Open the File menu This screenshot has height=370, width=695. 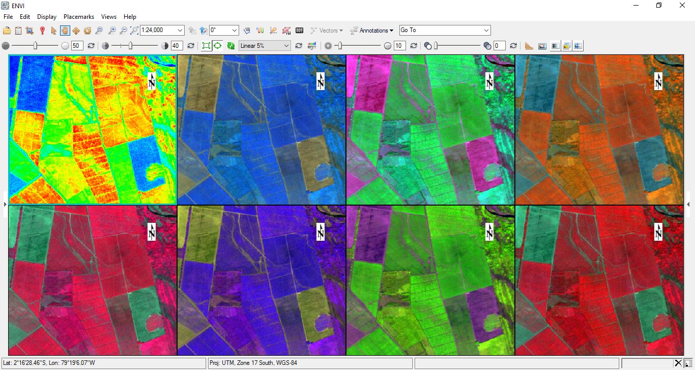click(8, 17)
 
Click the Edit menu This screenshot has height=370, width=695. click(25, 17)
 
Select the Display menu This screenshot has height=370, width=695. click(47, 17)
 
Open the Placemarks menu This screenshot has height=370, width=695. click(79, 17)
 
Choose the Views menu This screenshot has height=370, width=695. click(109, 17)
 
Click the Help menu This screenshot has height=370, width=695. click(130, 17)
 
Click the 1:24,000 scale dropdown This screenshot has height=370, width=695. click(161, 31)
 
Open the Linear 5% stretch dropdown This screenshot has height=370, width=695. click(264, 46)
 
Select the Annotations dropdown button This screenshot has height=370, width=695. click(372, 31)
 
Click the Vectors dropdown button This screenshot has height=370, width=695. click(327, 31)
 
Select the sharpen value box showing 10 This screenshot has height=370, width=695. click(400, 46)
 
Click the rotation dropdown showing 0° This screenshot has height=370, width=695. click(224, 31)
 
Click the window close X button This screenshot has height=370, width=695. click(682, 6)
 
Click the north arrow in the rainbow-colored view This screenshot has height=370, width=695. click(152, 81)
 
